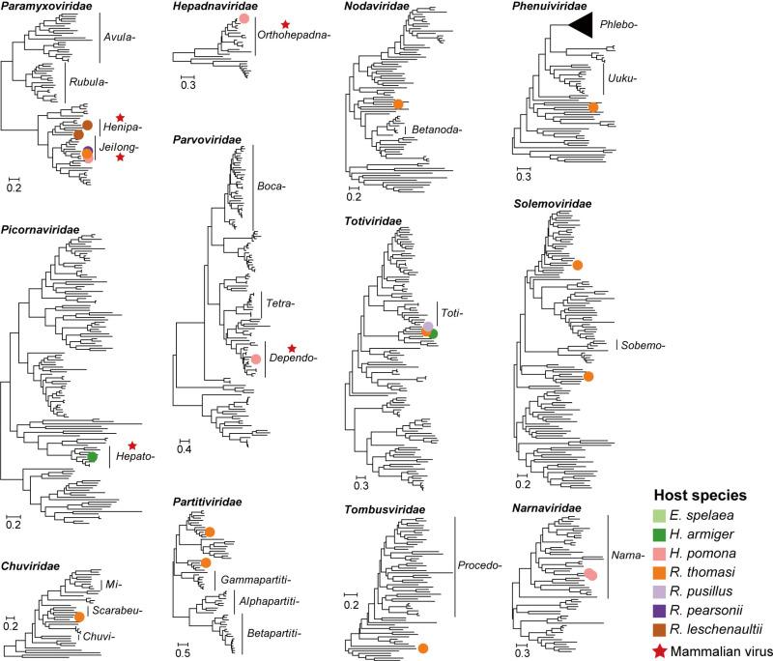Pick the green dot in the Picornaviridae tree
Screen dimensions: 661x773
(92, 456)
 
